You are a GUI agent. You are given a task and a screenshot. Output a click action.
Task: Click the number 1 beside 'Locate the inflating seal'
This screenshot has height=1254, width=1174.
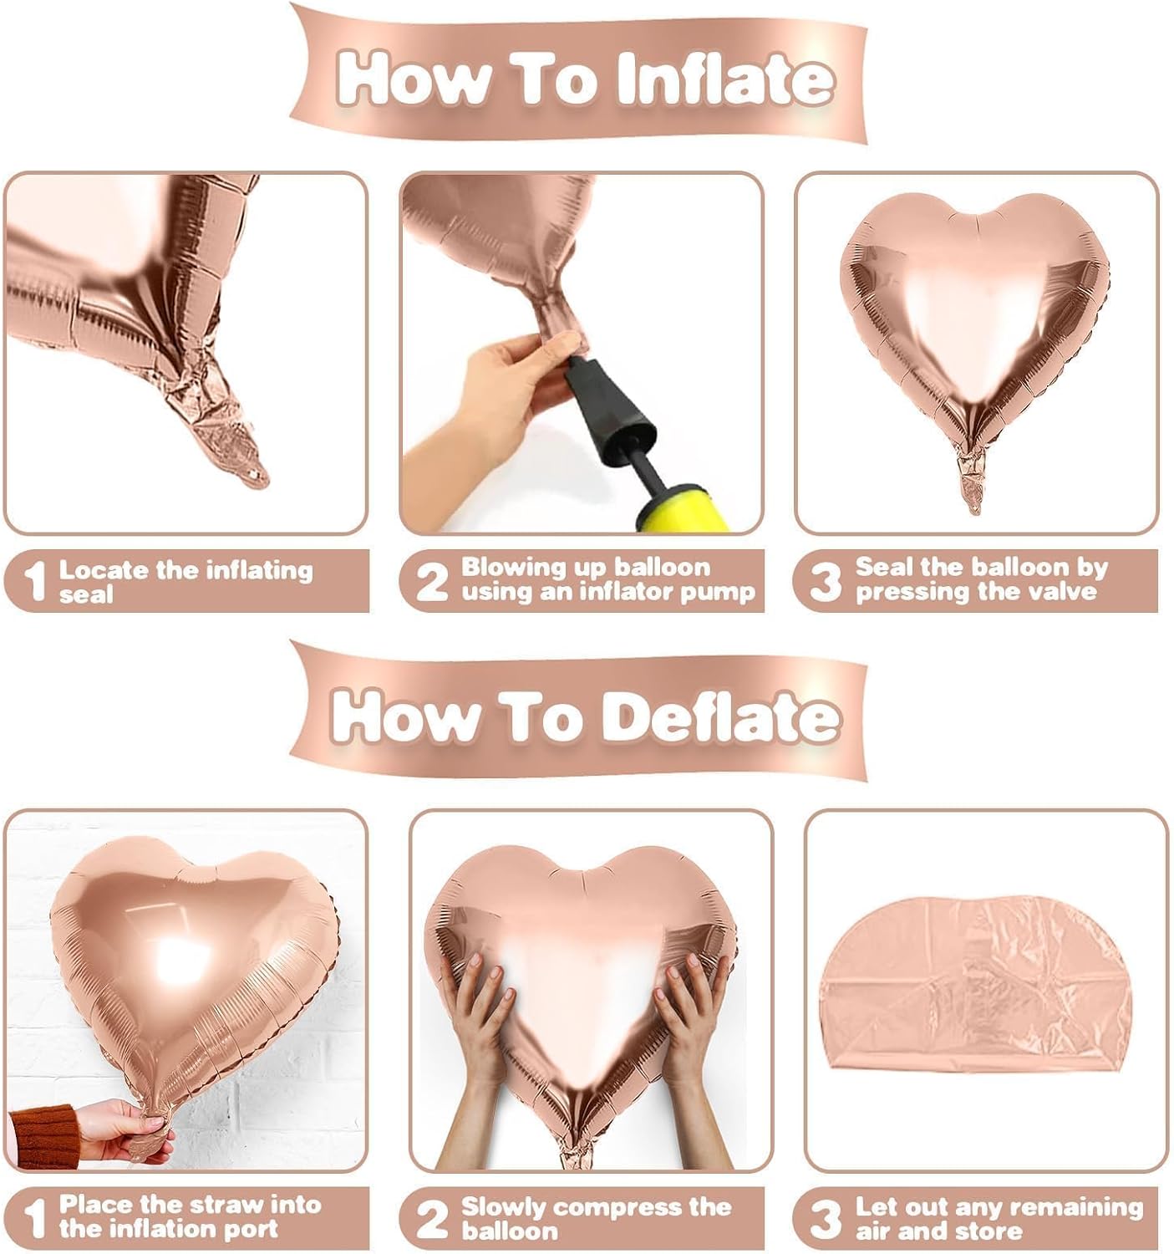point(34,582)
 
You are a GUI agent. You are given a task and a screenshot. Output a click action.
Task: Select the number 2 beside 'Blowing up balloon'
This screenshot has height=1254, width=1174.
point(431,581)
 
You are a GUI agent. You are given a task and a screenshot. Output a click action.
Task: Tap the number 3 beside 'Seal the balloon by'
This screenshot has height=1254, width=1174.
point(825,581)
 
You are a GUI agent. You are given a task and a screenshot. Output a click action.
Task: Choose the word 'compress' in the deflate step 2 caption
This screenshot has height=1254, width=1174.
point(619,1207)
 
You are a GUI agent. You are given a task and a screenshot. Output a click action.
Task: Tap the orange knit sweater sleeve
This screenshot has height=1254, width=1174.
point(42,1137)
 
